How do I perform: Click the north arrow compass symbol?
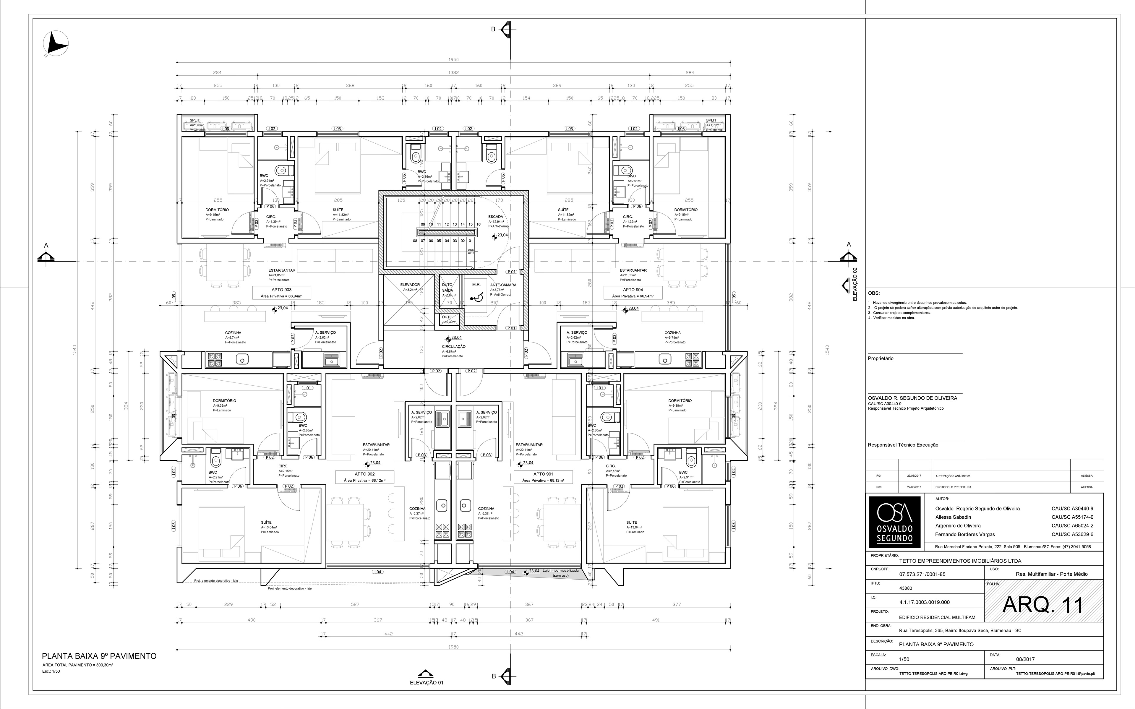pos(56,45)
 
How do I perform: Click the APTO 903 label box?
pos(281,293)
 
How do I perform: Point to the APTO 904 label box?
pos(633,293)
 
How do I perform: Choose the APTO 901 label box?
pos(543,477)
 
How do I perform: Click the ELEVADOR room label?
pos(410,285)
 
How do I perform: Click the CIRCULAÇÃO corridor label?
pos(453,347)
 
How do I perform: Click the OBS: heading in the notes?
pos(874,293)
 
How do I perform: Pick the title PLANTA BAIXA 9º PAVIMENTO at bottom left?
pos(99,656)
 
